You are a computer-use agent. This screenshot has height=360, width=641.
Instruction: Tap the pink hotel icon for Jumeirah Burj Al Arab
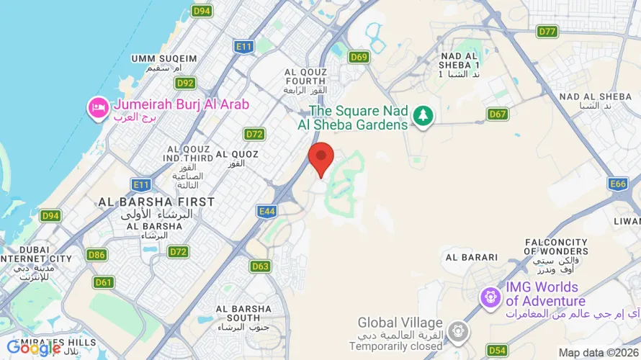[x=97, y=108]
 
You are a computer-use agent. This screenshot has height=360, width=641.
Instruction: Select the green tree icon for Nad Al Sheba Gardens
[x=423, y=115]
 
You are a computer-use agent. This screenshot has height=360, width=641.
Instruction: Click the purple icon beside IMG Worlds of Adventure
[x=491, y=295]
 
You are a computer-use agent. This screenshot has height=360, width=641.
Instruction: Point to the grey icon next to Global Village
[x=457, y=331]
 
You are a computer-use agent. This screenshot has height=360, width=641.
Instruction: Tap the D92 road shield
[x=186, y=83]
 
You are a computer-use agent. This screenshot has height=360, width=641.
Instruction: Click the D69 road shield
[x=359, y=57]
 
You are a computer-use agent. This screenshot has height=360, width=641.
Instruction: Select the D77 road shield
[x=547, y=31]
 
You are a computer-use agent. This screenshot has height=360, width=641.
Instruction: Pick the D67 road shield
[x=498, y=114]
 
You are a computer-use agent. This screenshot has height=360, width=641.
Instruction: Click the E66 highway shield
[x=618, y=184]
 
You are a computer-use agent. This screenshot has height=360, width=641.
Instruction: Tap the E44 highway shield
[x=267, y=211]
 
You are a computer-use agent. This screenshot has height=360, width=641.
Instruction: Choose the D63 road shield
[x=261, y=266]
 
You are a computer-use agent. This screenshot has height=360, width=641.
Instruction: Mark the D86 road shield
[x=97, y=254]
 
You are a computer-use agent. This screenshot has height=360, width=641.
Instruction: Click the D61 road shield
[x=104, y=282]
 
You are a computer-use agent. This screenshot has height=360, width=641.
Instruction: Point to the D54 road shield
[x=497, y=351]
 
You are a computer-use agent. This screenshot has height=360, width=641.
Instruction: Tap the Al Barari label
[x=472, y=257]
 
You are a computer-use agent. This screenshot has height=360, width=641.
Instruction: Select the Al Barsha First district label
[x=156, y=202]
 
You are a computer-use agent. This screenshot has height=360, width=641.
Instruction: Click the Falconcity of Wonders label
[x=557, y=246]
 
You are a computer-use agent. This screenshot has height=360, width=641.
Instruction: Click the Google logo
[x=34, y=348]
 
